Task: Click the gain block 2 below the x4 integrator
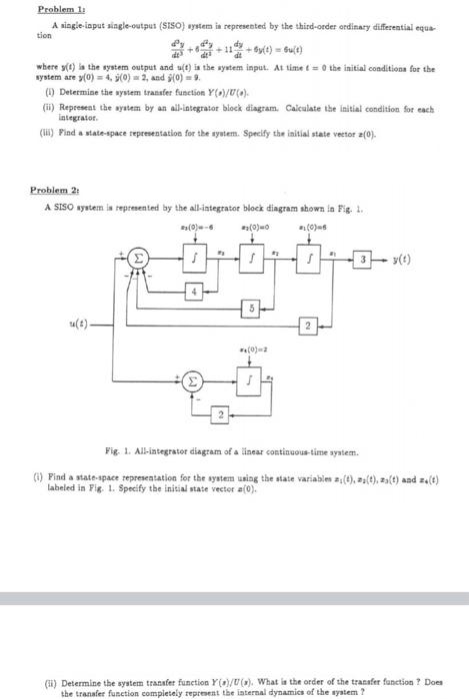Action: pos(221,411)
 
